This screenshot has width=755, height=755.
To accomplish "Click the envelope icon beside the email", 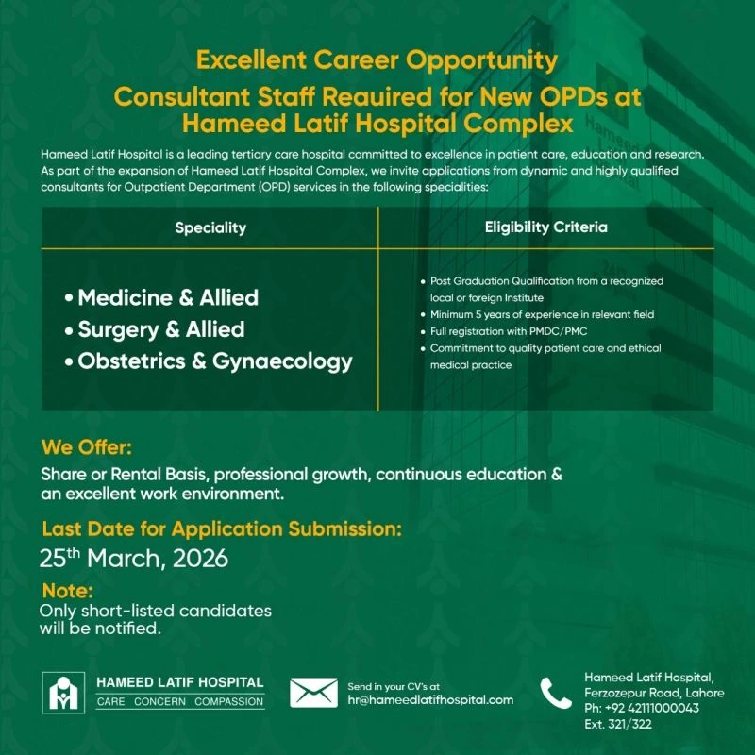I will pyautogui.click(x=313, y=693).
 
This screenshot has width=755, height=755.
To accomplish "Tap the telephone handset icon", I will pyautogui.click(x=556, y=694).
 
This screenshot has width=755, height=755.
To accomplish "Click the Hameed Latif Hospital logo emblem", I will pyautogui.click(x=62, y=693).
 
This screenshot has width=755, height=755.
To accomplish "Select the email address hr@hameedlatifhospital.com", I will pyautogui.click(x=430, y=700).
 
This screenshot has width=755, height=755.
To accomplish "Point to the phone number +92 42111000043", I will pyautogui.click(x=642, y=709).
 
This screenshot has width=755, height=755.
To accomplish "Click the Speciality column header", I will pyautogui.click(x=210, y=227).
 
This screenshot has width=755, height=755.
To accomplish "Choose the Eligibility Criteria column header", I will pyautogui.click(x=545, y=227).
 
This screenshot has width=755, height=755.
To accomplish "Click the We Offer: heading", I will pyautogui.click(x=87, y=446).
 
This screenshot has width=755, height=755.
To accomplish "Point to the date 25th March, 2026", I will pyautogui.click(x=134, y=558).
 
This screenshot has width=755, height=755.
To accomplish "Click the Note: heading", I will pyautogui.click(x=68, y=592).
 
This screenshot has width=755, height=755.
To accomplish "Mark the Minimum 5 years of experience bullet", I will pyautogui.click(x=542, y=314).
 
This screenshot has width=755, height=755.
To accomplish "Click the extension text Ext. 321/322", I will pyautogui.click(x=618, y=725).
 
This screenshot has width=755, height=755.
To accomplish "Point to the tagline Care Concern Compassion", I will pyautogui.click(x=180, y=702).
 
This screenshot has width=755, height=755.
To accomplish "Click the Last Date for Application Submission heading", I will pyautogui.click(x=222, y=528).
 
